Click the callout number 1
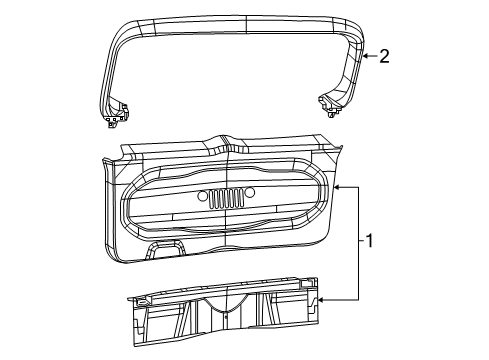coord(370,240)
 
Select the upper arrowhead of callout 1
coord(338,186)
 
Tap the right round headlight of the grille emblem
coord(250,192)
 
